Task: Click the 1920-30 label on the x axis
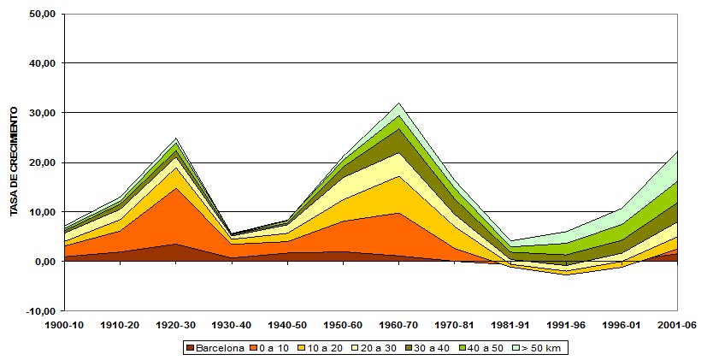pos(176,325)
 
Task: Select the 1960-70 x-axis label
pos(399,325)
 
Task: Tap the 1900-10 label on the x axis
pos(65,325)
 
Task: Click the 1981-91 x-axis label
pos(511,325)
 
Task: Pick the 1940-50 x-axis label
pos(288,325)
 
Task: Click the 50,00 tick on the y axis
pos(42,14)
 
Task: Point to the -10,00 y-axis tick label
pos(40,310)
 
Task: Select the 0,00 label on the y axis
pos(45,261)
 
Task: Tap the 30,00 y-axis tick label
pos(42,113)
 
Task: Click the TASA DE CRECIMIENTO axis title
pos(15,162)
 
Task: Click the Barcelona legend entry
pos(219,348)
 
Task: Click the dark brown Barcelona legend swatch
pos(190,348)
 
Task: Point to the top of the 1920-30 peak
pos(176,138)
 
